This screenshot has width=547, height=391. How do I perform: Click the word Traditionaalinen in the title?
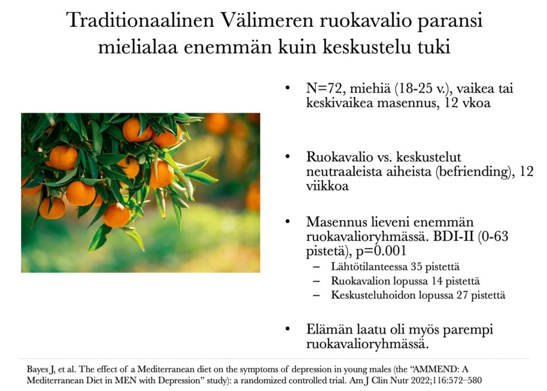pyautogui.click(x=140, y=20)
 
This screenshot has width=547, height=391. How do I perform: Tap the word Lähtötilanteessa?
pyautogui.click(x=369, y=267)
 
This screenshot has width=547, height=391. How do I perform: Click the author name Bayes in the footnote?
pyautogui.click(x=37, y=370)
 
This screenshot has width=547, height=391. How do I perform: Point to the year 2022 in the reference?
pyautogui.click(x=414, y=380)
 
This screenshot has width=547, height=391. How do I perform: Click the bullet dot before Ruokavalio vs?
pyautogui.click(x=287, y=157)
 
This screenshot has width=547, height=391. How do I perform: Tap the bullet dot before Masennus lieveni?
pyautogui.click(x=287, y=222)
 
